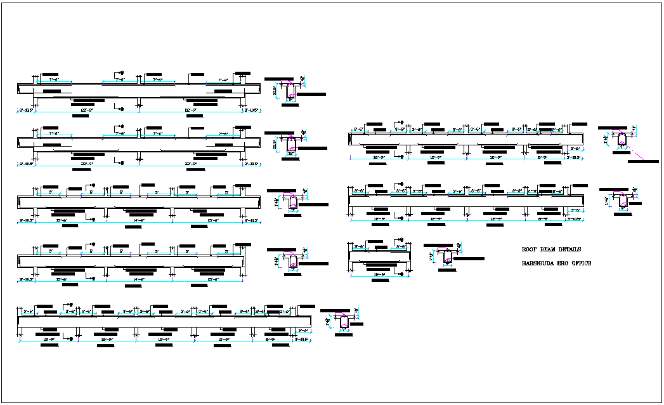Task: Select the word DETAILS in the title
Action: tap(570, 249)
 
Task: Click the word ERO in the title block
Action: tap(566, 263)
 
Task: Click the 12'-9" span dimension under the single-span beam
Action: tap(379, 274)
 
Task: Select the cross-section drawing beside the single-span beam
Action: tap(448, 257)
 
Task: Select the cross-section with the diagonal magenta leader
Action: tap(622, 138)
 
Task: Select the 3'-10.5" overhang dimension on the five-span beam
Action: tap(303, 340)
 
